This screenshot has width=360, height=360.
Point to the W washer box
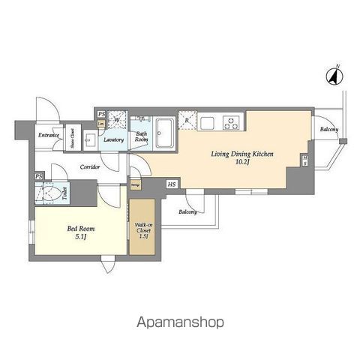pyautogui.click(x=117, y=118)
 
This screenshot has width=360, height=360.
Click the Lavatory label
pyautogui.click(x=113, y=139)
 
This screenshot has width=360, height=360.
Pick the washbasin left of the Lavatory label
pyautogui.click(x=90, y=137)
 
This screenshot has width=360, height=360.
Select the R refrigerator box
pyautogui.click(x=187, y=120)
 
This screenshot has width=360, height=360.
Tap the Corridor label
pyautogui.click(x=91, y=167)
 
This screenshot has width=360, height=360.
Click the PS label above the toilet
pyautogui.click(x=37, y=177)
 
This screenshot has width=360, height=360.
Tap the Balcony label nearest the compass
pyautogui.click(x=328, y=130)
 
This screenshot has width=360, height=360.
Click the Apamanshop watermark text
pyautogui.click(x=180, y=323)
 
